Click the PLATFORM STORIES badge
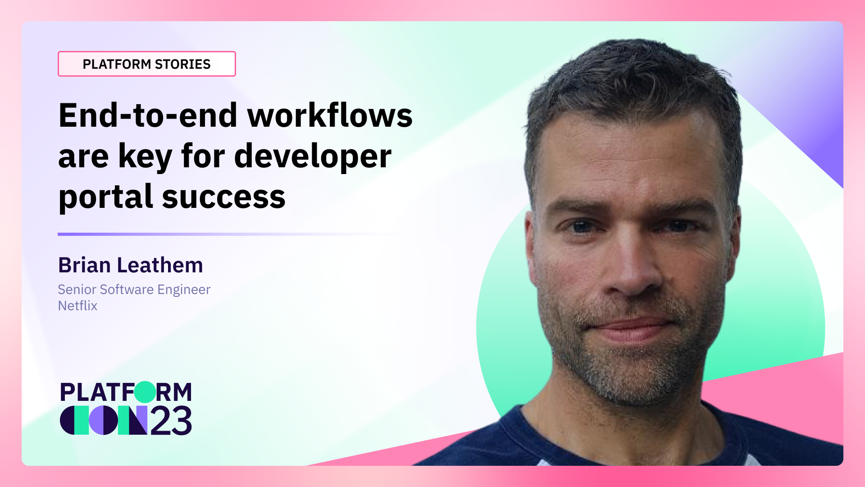(x=146, y=64)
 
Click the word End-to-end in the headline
(x=148, y=115)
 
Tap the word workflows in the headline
(x=330, y=115)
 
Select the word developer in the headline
(x=313, y=156)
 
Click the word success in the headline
(x=223, y=198)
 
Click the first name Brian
(x=84, y=265)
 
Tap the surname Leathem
(x=160, y=265)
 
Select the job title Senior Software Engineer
(x=134, y=289)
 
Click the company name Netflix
(x=77, y=306)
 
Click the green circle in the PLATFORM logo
(x=145, y=392)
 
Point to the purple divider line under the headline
(x=225, y=234)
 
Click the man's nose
(x=633, y=275)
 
